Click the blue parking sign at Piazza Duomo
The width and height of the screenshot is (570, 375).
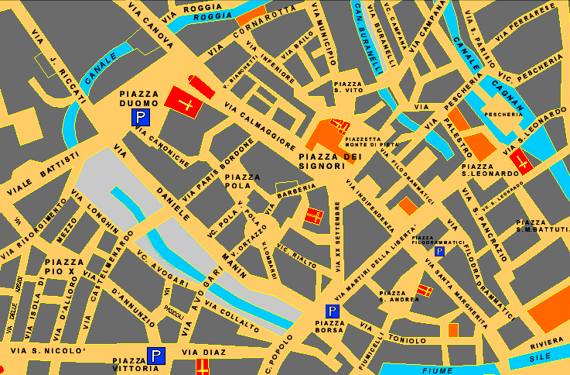(140, 118)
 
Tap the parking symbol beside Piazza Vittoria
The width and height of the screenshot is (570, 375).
(156, 356)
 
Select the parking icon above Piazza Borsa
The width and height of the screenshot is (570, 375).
(331, 311)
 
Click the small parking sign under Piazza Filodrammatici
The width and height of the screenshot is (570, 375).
(439, 252)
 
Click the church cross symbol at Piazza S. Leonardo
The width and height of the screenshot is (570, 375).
(523, 163)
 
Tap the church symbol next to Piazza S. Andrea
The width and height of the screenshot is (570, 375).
(425, 291)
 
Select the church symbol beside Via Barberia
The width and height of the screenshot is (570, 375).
(314, 216)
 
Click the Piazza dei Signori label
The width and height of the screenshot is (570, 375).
(331, 161)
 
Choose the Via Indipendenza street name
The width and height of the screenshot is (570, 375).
(370, 205)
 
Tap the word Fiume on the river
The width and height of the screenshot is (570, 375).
(437, 370)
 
